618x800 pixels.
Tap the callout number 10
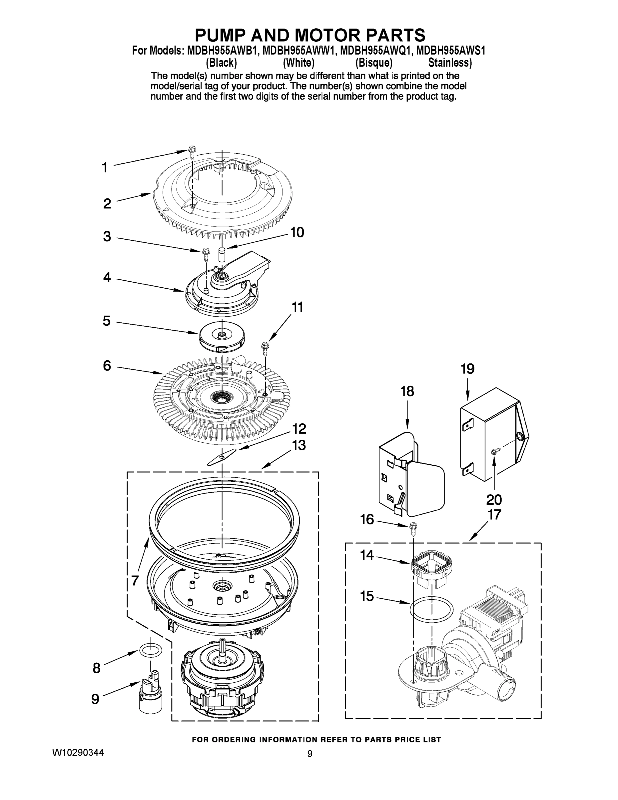[x=297, y=232]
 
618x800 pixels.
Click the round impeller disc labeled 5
[x=222, y=337]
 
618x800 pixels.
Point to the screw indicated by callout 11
[x=265, y=348]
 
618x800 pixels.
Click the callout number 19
[x=467, y=369]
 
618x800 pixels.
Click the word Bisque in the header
[x=373, y=63]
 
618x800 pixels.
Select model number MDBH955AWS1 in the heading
[x=451, y=51]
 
